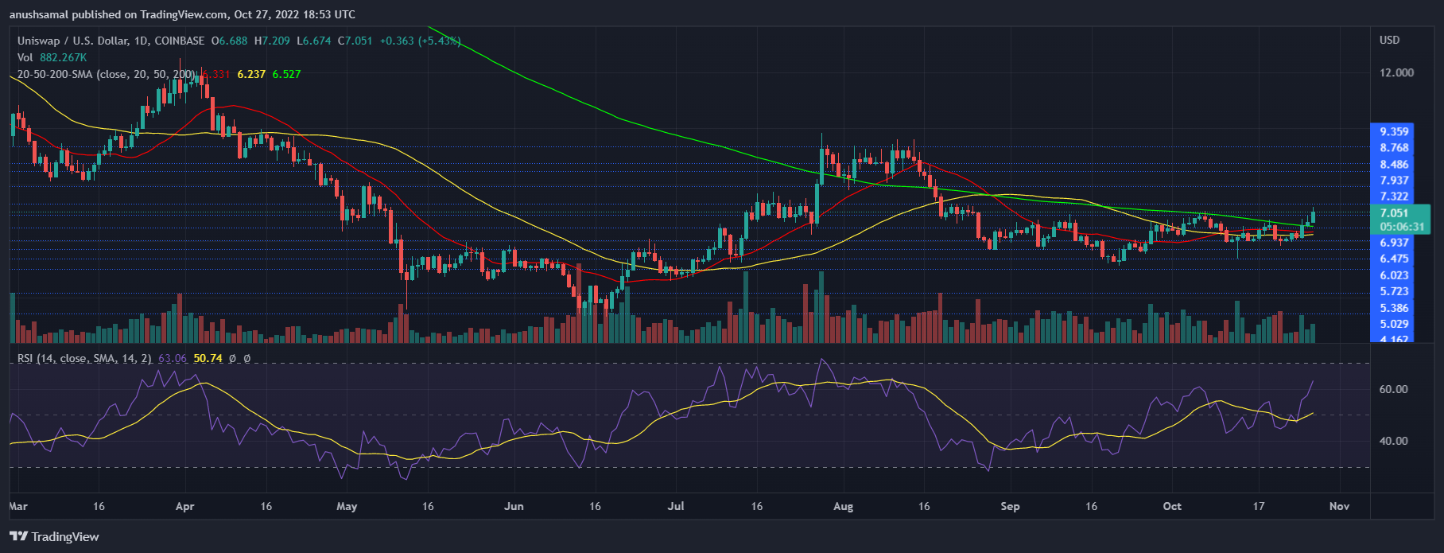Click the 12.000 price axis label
tap(1396, 72)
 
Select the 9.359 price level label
tap(1394, 132)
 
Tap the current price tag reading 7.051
tap(1394, 213)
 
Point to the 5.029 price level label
tap(1394, 324)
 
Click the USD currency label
tap(1389, 40)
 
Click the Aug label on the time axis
tap(843, 506)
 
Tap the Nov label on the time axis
tap(1339, 506)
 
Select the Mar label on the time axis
tap(17, 506)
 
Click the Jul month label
tap(676, 506)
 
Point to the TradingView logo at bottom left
tap(54, 536)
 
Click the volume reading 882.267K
tap(63, 57)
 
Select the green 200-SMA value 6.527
tap(286, 74)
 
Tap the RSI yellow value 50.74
tap(208, 359)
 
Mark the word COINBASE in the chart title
tap(179, 41)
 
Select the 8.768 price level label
tap(1394, 148)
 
